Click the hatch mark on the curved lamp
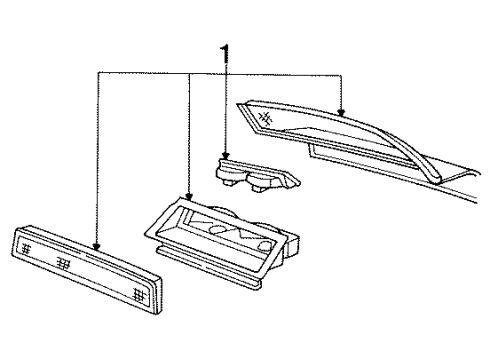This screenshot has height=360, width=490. (265, 117)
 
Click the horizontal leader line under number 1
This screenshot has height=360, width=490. (220, 71)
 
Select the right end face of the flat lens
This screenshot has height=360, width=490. (150, 300)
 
